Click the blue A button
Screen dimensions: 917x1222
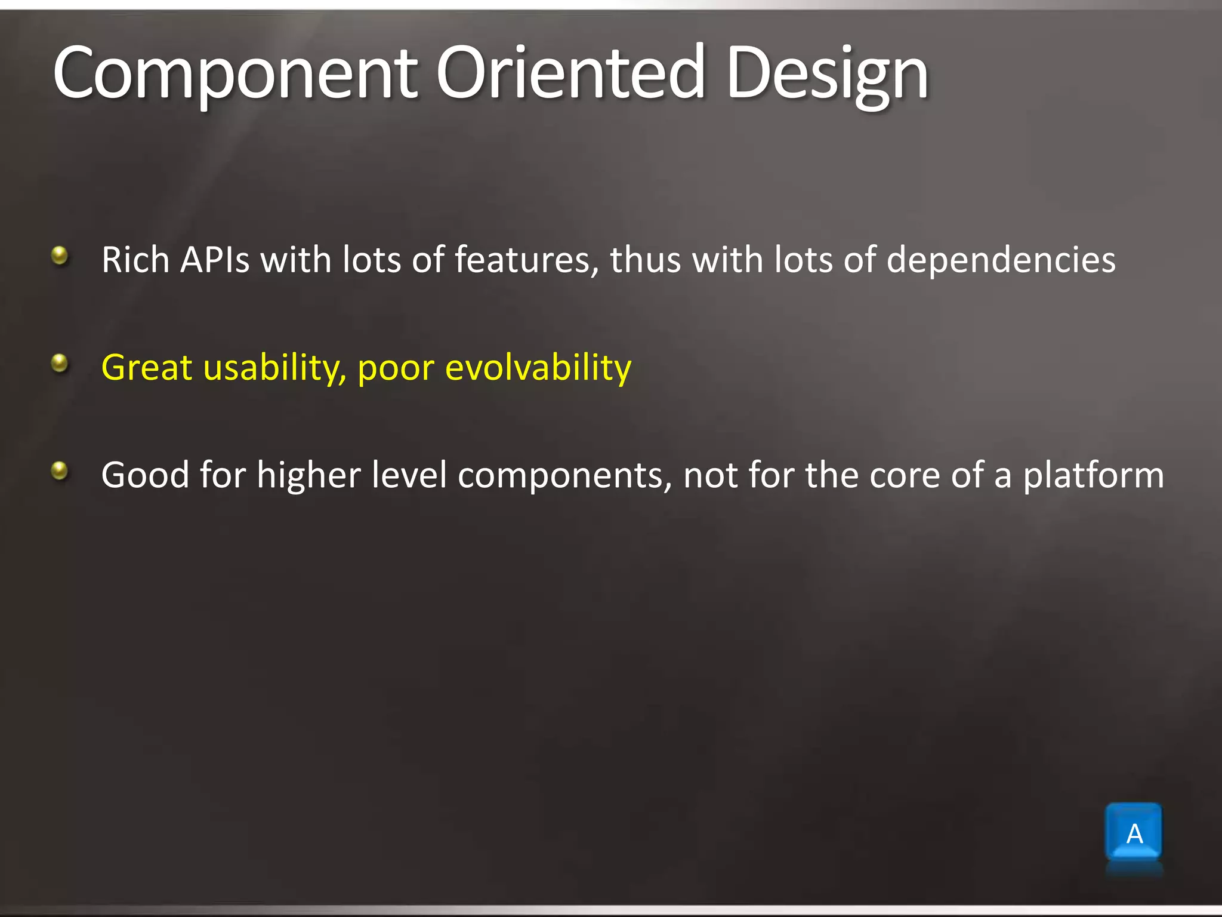pyautogui.click(x=1134, y=833)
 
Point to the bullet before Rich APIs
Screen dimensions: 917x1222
pyautogui.click(x=60, y=257)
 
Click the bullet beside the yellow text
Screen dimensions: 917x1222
pyautogui.click(x=60, y=363)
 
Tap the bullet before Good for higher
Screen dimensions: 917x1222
pyautogui.click(x=60, y=471)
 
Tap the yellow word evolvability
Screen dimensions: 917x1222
pyautogui.click(x=538, y=368)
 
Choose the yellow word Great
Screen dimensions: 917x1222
pyautogui.click(x=147, y=368)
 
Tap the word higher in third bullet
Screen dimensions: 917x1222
pyautogui.click(x=308, y=475)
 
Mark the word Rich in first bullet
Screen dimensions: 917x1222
pyautogui.click(x=135, y=260)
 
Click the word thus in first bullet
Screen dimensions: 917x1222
pyautogui.click(x=645, y=260)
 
